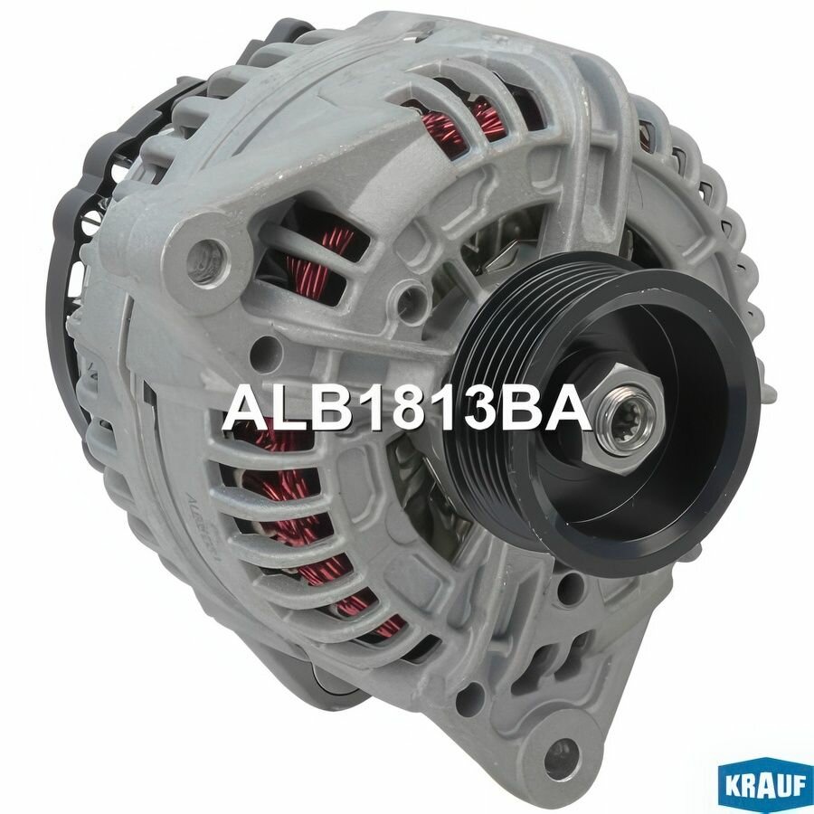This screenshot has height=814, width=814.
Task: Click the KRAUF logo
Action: pos(763,784)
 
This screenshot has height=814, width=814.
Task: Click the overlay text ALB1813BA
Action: pos(406,409)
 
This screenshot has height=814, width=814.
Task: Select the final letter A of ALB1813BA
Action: pos(570,409)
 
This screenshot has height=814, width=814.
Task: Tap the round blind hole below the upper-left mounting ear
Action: pos(265,345)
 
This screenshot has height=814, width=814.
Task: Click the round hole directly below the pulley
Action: pos(568,592)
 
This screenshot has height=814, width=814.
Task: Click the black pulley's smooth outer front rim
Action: pos(724,488)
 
